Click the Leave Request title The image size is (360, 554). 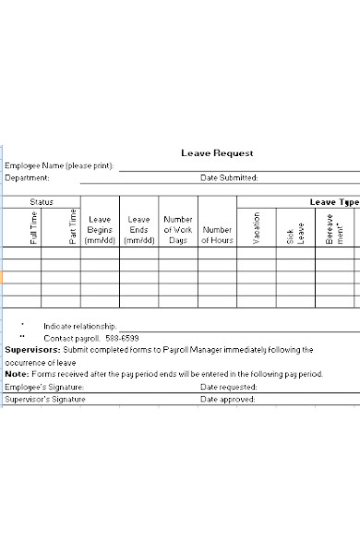pos(217,153)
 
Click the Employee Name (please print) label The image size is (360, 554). pos(60,166)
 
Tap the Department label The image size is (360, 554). pos(28,177)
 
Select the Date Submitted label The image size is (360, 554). pos(229,177)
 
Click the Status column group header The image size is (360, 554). pos(42,201)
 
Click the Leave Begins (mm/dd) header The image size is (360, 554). pos(100,230)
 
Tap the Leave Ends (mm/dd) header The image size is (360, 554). pos(138,230)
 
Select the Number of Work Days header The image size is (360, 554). pos(178,230)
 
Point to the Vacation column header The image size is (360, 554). pos(257,227)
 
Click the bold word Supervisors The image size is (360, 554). pos(32,350)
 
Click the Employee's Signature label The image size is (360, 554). pos(44,387)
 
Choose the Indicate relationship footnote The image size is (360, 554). pos(80,326)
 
